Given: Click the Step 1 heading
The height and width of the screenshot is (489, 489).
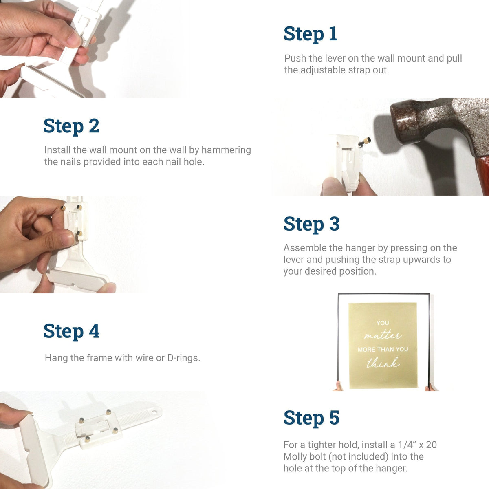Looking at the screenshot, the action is (311, 34).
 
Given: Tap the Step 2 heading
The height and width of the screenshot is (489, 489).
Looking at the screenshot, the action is (71, 126).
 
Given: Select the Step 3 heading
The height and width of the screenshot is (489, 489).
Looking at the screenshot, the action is (312, 224).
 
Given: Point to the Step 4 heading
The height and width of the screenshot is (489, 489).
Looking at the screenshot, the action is (71, 331).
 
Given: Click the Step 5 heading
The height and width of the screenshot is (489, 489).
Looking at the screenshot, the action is (312, 418).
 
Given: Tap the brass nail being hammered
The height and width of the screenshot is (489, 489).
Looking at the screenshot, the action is (365, 141).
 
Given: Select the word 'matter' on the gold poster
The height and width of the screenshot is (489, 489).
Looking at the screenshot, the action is (383, 335).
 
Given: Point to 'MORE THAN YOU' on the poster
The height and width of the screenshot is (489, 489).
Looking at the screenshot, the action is (383, 349).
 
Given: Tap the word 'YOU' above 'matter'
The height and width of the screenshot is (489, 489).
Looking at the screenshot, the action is (383, 323).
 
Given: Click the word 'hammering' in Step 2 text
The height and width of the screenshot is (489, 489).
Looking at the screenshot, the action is (226, 150).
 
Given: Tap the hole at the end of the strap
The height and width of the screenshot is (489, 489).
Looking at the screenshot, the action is (154, 412).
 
